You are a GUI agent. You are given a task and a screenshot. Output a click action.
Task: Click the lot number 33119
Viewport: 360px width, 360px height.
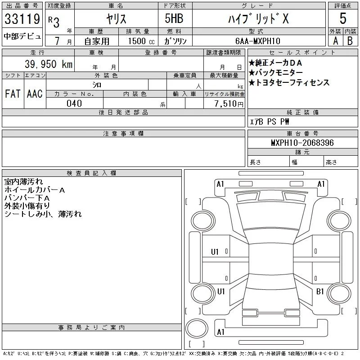click(x=22, y=18)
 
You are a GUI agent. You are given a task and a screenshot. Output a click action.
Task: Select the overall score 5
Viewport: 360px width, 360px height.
click(x=343, y=18)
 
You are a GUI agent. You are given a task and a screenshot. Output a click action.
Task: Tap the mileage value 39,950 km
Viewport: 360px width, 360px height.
click(x=49, y=64)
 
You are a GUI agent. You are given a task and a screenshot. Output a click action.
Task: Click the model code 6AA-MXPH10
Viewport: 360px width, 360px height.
click(x=257, y=41)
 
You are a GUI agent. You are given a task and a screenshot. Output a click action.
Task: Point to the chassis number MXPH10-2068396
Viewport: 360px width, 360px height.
click(x=302, y=143)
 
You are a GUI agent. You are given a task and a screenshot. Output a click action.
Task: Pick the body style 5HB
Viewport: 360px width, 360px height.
click(x=174, y=18)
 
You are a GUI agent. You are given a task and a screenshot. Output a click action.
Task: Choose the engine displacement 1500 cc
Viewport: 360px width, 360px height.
click(x=141, y=41)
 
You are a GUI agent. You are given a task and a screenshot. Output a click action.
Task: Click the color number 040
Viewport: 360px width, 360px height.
click(x=74, y=103)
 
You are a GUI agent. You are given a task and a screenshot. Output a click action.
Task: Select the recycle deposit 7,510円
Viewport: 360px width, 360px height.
click(x=229, y=104)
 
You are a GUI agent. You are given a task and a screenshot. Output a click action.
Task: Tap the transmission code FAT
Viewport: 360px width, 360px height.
click(x=13, y=94)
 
